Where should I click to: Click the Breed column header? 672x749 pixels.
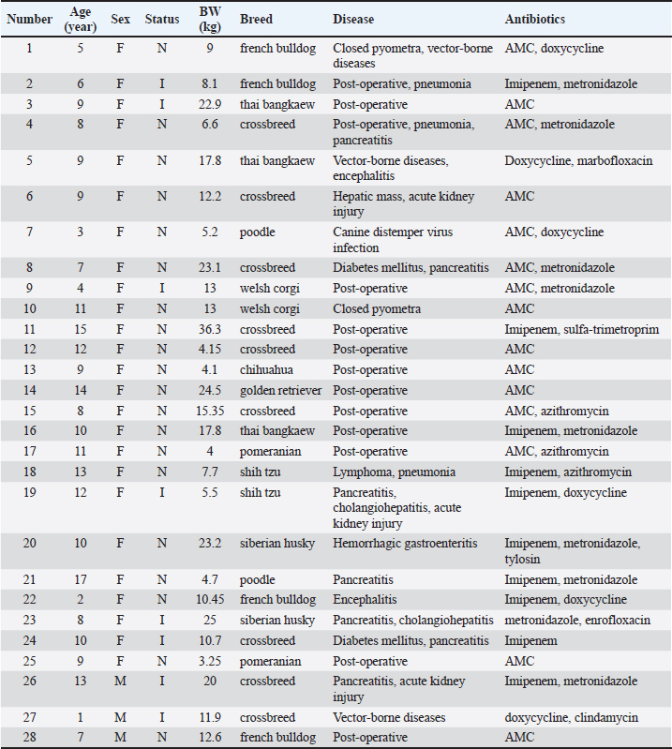point(256,19)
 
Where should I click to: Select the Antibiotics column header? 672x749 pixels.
point(535,19)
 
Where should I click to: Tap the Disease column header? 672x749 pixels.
point(353,19)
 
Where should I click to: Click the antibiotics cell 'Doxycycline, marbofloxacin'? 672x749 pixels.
point(578,160)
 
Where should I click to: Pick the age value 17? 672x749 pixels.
point(80,579)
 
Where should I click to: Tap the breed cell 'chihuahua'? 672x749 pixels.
point(267,369)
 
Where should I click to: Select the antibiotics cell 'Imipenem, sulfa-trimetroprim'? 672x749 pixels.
point(582,329)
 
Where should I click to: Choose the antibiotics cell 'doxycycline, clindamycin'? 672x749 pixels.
point(572,717)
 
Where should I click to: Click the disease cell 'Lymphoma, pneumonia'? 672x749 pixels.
point(395,472)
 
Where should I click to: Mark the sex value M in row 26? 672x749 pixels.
point(121,681)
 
